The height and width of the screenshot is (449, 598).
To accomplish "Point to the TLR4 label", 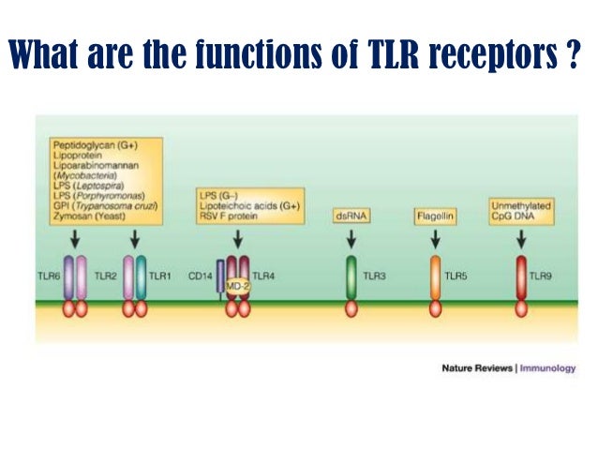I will coord(264,277).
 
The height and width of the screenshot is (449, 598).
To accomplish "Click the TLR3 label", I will coord(375,277).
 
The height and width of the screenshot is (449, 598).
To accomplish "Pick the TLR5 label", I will coord(456,277).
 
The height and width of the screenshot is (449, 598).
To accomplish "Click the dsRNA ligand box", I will coord(351,217).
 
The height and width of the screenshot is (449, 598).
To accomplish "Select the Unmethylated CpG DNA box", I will coord(520,211).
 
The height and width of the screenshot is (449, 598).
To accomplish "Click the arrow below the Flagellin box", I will coord(435,240).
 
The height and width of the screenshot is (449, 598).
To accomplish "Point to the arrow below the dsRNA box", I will coord(351,240).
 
